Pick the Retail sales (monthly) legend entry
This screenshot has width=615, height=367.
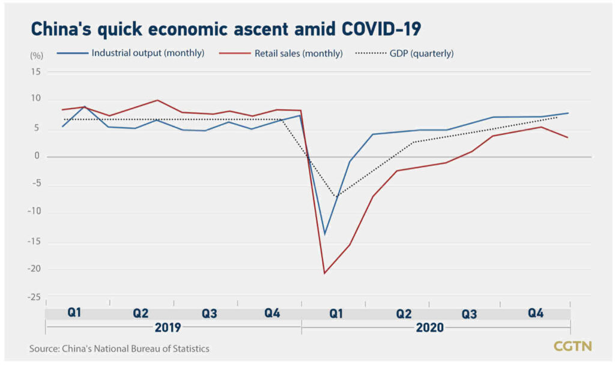[298, 53]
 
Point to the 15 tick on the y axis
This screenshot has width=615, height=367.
[35, 71]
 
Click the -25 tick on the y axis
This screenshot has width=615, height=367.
[34, 297]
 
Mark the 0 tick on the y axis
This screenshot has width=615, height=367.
[37, 157]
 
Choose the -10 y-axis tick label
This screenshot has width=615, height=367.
[34, 212]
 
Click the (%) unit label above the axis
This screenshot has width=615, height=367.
[37, 56]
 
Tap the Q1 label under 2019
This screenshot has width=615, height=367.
[74, 313]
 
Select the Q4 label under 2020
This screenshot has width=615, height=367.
[536, 313]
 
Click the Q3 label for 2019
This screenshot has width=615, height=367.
[209, 313]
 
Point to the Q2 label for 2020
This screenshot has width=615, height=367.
[404, 313]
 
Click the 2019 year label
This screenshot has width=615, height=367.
[168, 327]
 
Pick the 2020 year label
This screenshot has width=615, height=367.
[430, 327]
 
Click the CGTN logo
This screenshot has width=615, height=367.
[572, 346]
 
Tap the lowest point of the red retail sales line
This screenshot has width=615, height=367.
[324, 273]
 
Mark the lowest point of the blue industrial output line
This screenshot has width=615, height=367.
[324, 234]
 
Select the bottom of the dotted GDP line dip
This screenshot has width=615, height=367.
[336, 197]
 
